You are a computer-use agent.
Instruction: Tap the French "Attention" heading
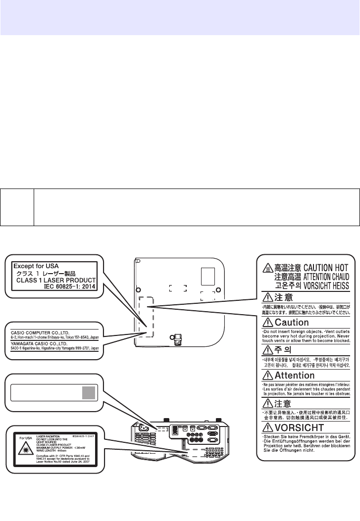(x=295, y=376)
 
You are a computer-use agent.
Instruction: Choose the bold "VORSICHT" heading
(x=300, y=427)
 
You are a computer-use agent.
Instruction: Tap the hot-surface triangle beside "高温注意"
(x=267, y=268)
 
